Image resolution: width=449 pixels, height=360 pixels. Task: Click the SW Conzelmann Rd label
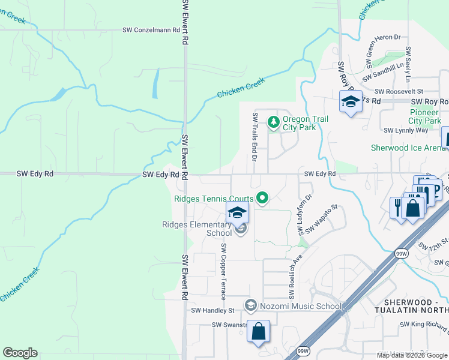[x=151, y=29]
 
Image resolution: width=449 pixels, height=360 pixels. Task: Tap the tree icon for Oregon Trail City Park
[x=274, y=122]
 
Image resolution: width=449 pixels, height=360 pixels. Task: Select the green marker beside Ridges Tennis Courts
[x=262, y=197]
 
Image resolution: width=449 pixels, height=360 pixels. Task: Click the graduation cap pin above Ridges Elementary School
[x=237, y=212]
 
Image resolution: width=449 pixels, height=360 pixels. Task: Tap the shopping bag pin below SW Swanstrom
[x=258, y=331]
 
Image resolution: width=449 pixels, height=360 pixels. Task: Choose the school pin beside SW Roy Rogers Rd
[x=351, y=102]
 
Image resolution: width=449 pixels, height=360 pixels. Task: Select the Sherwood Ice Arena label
[x=408, y=148]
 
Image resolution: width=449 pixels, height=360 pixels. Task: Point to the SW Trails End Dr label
[x=255, y=137]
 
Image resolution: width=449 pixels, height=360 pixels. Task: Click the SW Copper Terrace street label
[x=223, y=272]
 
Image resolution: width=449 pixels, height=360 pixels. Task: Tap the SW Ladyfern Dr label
[x=304, y=214]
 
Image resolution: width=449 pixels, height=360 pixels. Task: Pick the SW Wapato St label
[x=322, y=220]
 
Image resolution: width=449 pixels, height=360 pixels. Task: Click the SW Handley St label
[x=212, y=310]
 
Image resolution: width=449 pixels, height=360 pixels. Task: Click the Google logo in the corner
[x=20, y=353]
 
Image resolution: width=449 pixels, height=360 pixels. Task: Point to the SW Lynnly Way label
[x=406, y=130]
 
